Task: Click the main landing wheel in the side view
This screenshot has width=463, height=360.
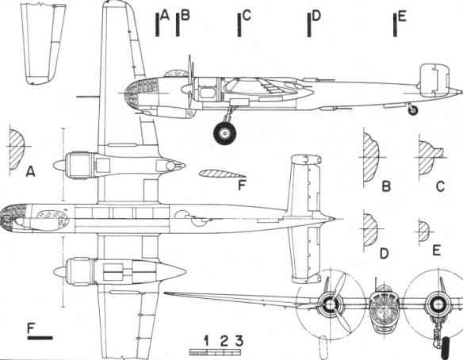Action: point(225,133)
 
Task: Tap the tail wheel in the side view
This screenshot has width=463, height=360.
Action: point(413,110)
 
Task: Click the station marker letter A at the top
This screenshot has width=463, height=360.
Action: point(165,15)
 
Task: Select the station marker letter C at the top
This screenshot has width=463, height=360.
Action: point(247,15)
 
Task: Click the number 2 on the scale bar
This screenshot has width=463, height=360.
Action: point(224,341)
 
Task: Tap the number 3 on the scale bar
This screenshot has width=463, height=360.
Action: point(239,340)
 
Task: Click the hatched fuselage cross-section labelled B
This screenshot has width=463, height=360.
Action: point(371,157)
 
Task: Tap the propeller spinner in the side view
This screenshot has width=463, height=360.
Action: point(186,89)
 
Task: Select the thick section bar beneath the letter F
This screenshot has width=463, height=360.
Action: point(40,338)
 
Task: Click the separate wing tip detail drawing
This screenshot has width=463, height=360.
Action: point(43,44)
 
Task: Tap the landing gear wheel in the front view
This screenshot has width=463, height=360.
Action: point(445,348)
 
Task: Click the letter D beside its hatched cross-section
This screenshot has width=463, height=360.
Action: point(384,254)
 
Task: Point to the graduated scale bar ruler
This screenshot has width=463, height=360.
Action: point(215,352)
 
